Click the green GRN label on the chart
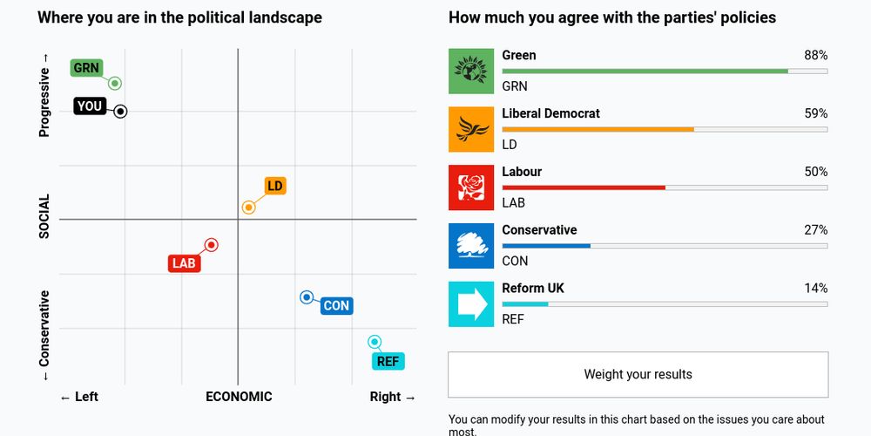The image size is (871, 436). [x=86, y=68]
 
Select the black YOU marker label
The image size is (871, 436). [x=90, y=106]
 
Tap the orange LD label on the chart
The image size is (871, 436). [x=275, y=186]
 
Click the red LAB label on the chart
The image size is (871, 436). [x=184, y=263]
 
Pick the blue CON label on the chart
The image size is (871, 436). [x=336, y=306]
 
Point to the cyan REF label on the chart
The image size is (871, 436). [x=388, y=361]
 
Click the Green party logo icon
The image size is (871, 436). [x=471, y=71]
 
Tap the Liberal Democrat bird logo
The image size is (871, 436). [x=471, y=129]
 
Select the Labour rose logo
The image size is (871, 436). [x=471, y=187]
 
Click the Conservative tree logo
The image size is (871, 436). [x=471, y=246]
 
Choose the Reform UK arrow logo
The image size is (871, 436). [x=471, y=304]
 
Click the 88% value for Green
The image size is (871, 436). [x=815, y=55]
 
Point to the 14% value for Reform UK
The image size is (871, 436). [x=815, y=288]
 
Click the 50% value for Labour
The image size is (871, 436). [x=815, y=172]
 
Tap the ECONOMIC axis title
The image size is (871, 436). [x=239, y=397]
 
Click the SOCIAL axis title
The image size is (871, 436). [x=44, y=216]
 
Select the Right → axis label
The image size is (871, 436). [x=393, y=397]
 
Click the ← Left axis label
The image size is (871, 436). [x=79, y=397]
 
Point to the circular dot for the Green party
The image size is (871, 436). [x=114, y=84]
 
